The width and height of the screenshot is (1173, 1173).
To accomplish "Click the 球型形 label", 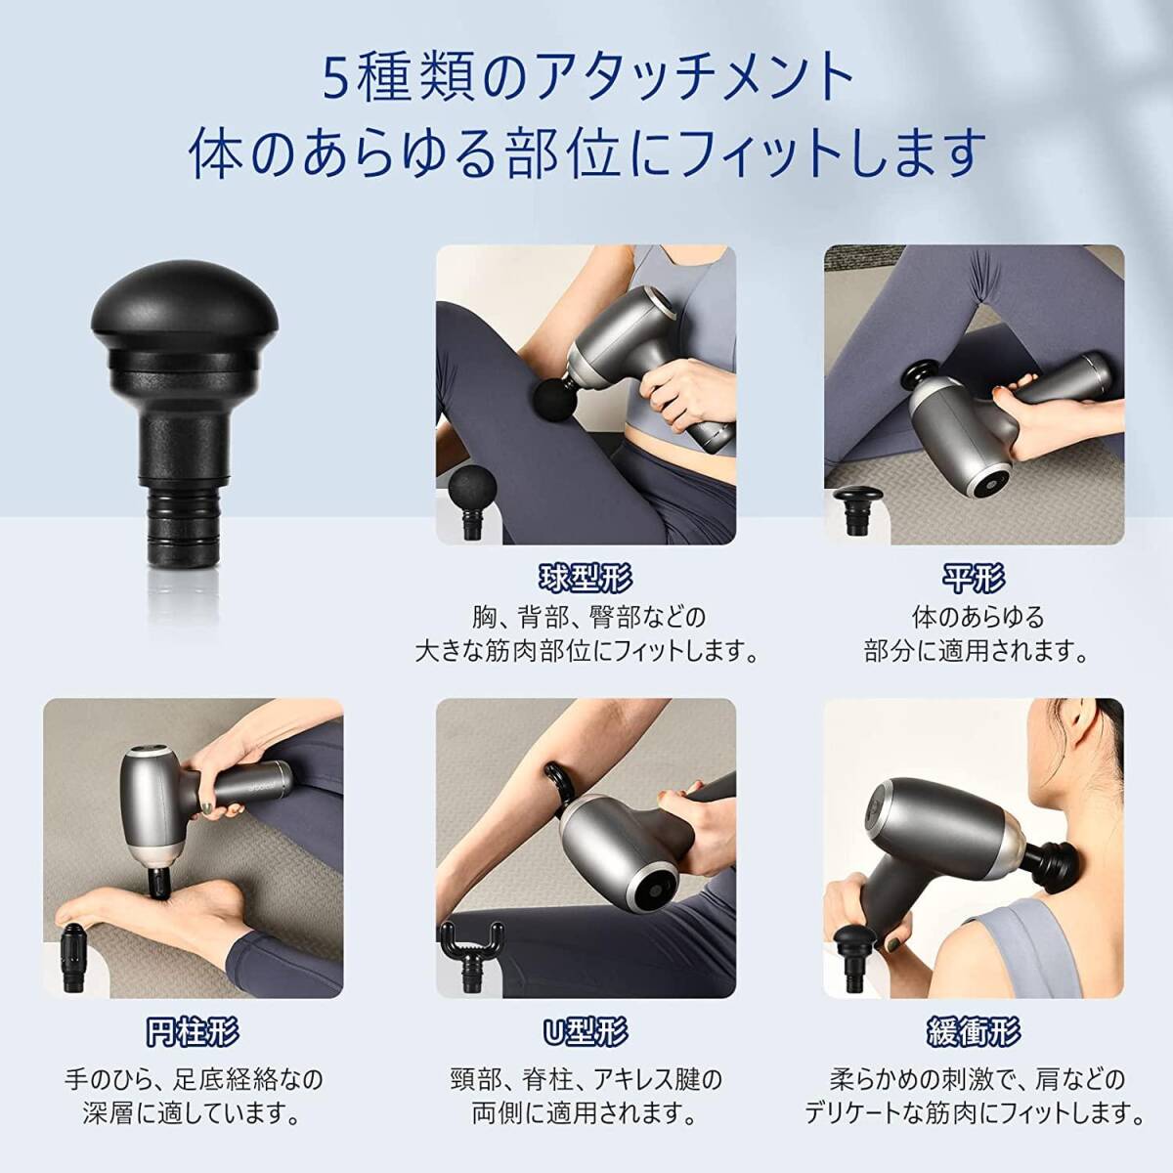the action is pos(586,579).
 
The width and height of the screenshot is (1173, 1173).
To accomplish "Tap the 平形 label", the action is pos(974,579).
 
